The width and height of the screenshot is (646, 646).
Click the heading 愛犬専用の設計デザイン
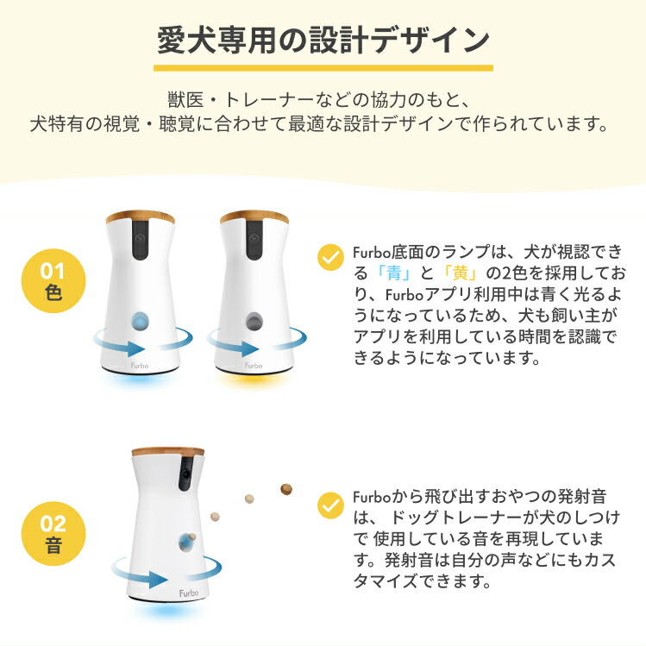click(x=323, y=40)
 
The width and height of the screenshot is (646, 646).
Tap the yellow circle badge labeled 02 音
click(x=53, y=535)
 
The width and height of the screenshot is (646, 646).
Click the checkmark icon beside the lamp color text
click(x=329, y=256)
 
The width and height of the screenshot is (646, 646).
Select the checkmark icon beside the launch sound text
click(x=329, y=504)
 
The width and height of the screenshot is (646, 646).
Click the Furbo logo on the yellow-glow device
click(x=253, y=364)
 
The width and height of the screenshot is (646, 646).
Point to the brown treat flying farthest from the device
click(x=285, y=490)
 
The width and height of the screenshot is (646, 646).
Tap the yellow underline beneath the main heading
click(x=323, y=67)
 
